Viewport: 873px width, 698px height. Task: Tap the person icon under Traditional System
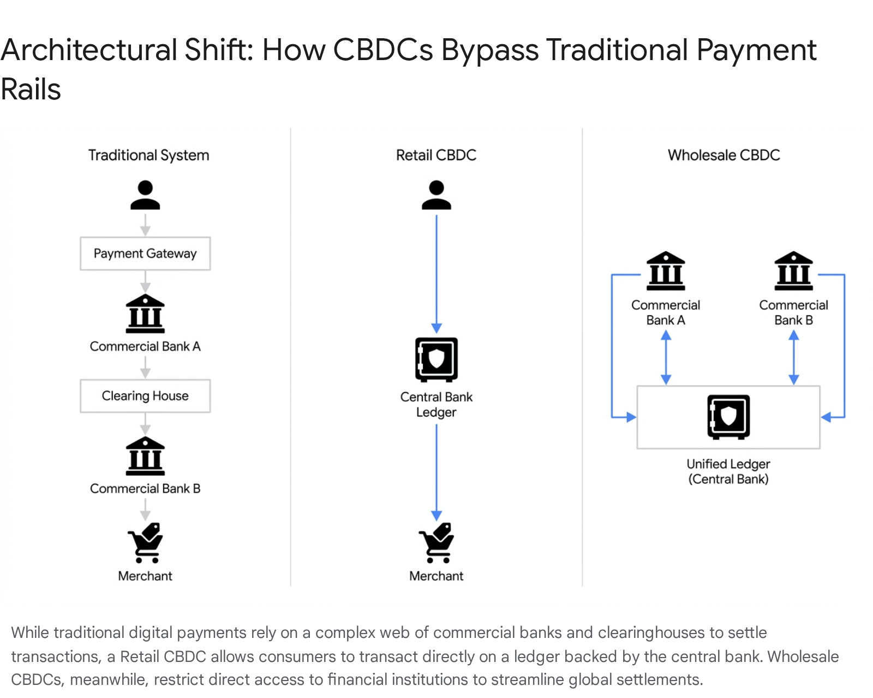[145, 195]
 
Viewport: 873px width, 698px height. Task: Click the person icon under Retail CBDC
[436, 195]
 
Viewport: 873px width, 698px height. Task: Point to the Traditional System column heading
[149, 155]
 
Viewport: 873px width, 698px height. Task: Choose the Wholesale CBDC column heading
[724, 155]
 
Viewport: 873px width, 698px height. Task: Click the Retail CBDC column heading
[436, 155]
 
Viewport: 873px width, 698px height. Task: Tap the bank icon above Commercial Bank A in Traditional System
[145, 313]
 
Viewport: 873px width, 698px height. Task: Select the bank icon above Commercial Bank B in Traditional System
[145, 456]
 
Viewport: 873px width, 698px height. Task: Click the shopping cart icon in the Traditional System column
[145, 542]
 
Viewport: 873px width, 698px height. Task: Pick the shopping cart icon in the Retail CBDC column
[436, 542]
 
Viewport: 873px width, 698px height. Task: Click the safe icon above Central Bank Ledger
[436, 360]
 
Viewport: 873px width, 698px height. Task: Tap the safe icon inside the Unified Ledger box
[728, 417]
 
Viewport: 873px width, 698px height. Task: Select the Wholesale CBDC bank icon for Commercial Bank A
[666, 270]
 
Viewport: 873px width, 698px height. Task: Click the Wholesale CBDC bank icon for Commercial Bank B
[793, 270]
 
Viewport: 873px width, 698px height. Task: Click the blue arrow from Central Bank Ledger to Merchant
[436, 472]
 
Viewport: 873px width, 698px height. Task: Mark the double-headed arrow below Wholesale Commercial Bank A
[666, 358]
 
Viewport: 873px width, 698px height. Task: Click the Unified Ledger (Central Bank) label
[728, 471]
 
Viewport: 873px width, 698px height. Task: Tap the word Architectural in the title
[89, 50]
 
